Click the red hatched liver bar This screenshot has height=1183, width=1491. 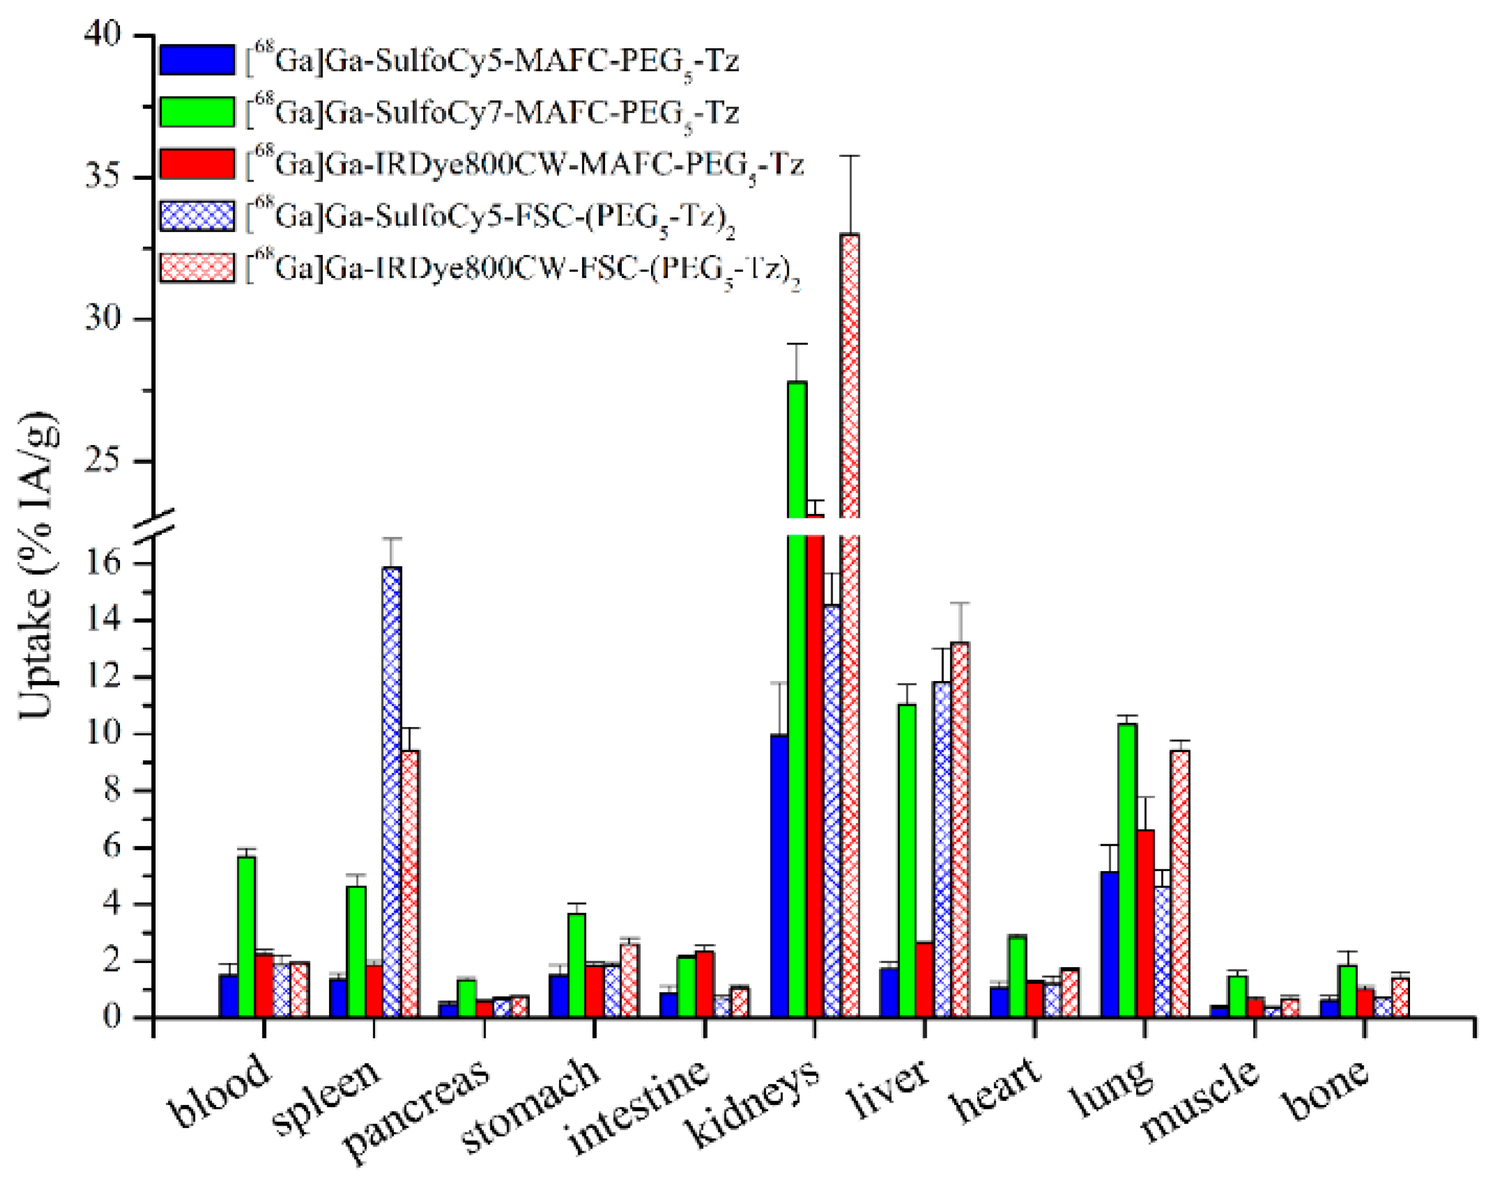[960, 830]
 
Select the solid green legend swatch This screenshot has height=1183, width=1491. [197, 111]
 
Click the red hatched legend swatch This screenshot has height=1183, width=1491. [197, 268]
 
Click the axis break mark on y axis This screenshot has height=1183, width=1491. [153, 527]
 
